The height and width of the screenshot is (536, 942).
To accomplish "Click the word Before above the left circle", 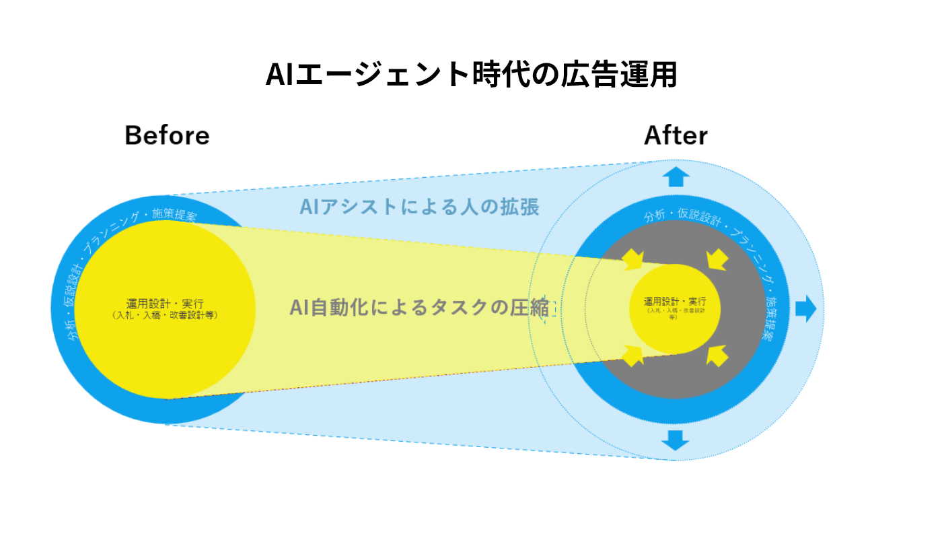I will [167, 135].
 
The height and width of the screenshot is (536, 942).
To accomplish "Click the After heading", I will [676, 135].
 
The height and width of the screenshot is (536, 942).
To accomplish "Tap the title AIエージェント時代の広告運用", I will [471, 75].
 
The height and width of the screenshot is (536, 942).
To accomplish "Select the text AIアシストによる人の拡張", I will [420, 207].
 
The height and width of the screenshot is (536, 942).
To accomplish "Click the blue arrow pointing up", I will [676, 177].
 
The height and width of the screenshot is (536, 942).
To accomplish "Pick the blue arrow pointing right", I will [805, 308].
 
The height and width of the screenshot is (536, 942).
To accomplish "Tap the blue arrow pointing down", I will [676, 440].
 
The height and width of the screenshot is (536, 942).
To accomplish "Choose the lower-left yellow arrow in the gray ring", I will [633, 355].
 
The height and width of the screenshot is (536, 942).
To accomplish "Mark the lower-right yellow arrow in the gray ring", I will [717, 355].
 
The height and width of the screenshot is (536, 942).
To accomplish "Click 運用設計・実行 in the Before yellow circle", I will [165, 304].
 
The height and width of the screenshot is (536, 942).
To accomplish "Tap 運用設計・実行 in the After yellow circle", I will [675, 301].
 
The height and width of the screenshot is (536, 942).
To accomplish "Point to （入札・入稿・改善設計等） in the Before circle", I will [165, 314].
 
